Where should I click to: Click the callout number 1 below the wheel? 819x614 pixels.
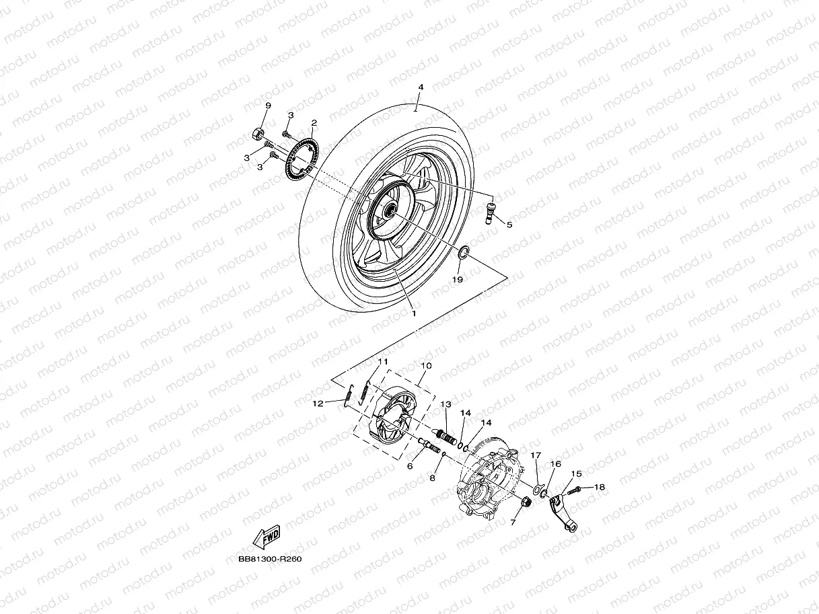click(x=414, y=313)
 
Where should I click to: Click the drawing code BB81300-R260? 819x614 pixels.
click(x=269, y=559)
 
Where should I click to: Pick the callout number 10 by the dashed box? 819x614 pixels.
click(x=425, y=365)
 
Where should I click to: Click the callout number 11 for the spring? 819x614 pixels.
click(x=383, y=362)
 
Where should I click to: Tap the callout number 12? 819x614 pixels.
click(x=318, y=404)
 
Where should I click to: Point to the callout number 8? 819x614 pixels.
click(x=433, y=477)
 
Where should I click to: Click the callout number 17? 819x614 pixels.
click(x=536, y=455)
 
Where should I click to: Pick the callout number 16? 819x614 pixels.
click(x=556, y=464)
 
